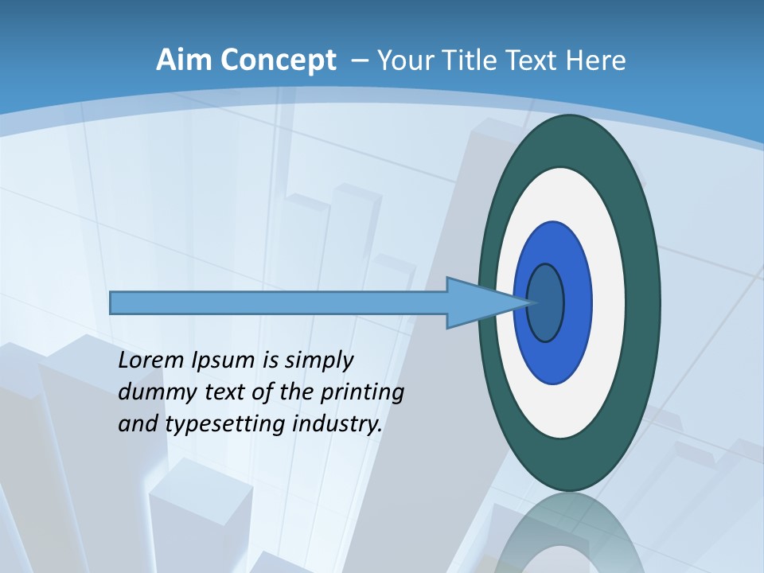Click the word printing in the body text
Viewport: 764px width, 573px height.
[363, 393]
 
